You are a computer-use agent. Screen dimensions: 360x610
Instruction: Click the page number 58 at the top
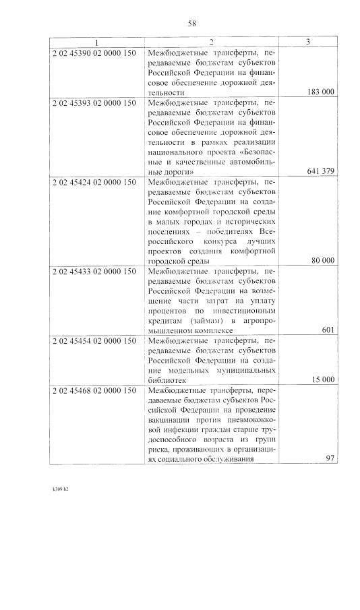click(191, 24)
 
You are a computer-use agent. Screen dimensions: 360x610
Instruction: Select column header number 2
click(211, 42)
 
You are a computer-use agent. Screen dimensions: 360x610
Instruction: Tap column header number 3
click(307, 42)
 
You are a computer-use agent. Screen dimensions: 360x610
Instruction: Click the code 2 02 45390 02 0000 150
click(94, 52)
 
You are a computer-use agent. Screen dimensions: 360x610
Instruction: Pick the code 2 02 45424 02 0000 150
click(94, 183)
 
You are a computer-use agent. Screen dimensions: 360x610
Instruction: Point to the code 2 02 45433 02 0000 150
click(94, 272)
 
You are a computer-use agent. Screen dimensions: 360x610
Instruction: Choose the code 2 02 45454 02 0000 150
click(94, 342)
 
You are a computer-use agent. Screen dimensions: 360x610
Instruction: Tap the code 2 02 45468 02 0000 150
click(94, 391)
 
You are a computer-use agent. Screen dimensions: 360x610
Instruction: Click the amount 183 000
click(320, 92)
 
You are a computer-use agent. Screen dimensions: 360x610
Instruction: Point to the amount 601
click(328, 331)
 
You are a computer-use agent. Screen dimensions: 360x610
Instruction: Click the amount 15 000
click(323, 380)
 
